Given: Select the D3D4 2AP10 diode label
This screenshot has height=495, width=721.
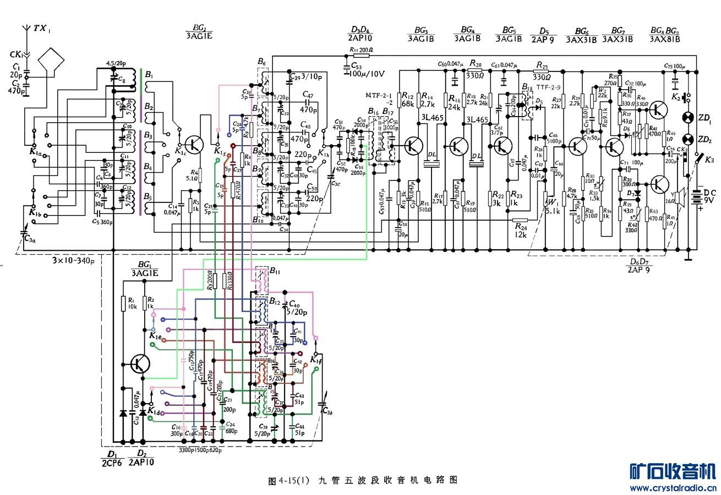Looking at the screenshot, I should [360, 34].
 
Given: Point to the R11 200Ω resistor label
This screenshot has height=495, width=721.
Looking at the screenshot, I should [361, 50].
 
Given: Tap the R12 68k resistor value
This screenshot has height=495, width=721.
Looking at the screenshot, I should [407, 101].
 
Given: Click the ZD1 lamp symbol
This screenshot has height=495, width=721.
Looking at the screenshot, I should [687, 118].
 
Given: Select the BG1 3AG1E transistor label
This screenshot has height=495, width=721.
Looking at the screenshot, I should [145, 268].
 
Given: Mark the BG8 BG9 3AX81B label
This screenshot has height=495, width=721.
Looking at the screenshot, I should [664, 34].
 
